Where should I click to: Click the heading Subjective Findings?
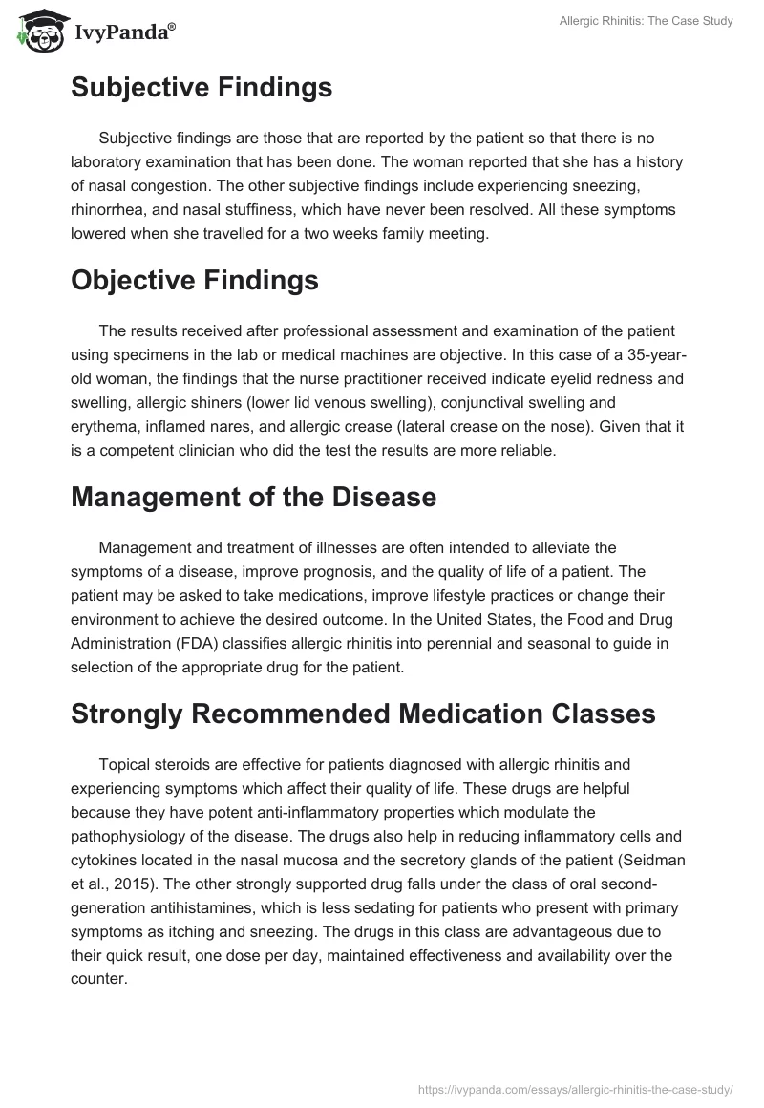pos(202,88)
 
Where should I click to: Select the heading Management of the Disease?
pos(253,498)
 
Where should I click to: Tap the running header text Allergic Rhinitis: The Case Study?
pos(646,21)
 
